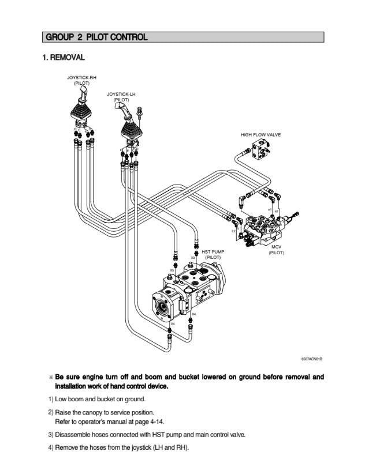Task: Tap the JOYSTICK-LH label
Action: [x=121, y=93]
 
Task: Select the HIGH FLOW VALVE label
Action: [x=260, y=134]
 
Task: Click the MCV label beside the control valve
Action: [x=276, y=247]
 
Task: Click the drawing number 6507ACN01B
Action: [x=312, y=359]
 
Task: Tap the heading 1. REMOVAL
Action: [x=64, y=57]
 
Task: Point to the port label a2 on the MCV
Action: [x=276, y=211]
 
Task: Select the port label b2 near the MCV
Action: [x=233, y=231]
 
